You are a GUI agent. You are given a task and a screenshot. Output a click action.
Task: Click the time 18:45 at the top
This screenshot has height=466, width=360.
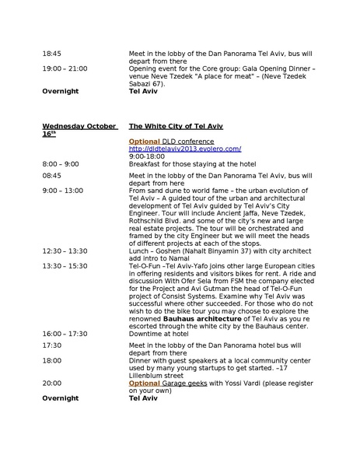click(51, 54)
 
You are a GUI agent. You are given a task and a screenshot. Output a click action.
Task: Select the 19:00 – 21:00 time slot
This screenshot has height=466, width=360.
click(65, 68)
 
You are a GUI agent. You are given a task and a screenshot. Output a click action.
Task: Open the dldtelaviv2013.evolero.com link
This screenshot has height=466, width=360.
click(185, 149)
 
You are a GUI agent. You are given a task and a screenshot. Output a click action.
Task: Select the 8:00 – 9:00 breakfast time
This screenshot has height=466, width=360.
click(61, 163)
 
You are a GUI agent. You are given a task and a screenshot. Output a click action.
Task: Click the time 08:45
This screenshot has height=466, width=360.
click(51, 176)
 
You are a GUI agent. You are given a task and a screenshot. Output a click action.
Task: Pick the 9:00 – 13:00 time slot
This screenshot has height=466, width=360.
click(62, 190)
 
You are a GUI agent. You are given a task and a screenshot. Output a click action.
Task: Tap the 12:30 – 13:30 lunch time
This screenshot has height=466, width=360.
click(65, 251)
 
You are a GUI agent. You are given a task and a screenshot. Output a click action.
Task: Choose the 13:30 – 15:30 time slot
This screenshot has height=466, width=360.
click(65, 265)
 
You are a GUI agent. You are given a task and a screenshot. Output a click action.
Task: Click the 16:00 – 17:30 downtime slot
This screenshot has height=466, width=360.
click(65, 333)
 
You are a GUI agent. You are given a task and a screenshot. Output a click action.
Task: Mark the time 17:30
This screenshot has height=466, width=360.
click(51, 345)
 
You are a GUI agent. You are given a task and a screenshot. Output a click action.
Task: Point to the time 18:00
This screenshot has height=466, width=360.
click(51, 360)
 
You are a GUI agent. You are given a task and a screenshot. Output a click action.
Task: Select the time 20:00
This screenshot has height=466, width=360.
click(51, 383)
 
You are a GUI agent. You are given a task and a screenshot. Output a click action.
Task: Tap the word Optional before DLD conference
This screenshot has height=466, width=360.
click(144, 141)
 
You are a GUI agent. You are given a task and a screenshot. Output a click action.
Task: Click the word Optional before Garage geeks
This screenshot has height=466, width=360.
click(144, 383)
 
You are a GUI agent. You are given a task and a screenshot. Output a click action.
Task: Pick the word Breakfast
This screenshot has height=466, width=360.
click(145, 163)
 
